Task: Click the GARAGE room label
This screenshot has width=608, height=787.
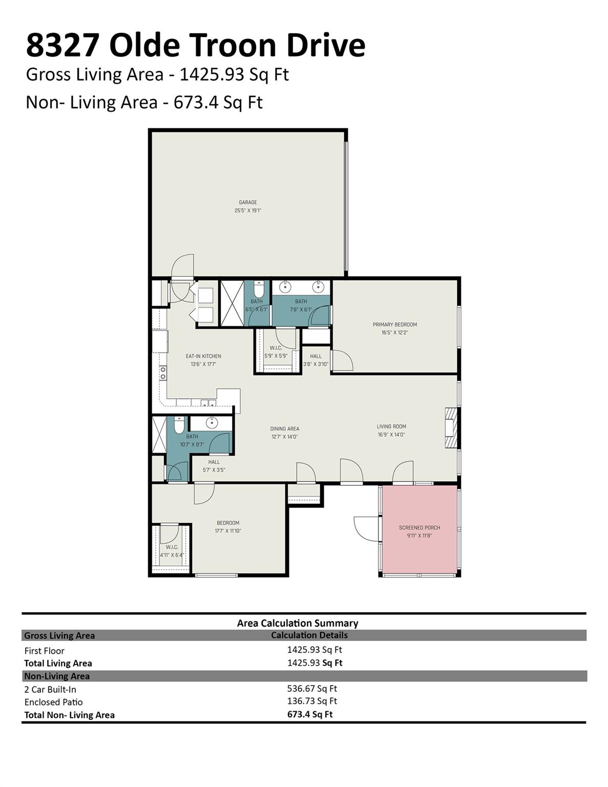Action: pyautogui.click(x=248, y=202)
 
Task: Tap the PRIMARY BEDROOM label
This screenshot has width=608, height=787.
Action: pyautogui.click(x=394, y=324)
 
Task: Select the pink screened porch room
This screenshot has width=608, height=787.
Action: pyautogui.click(x=420, y=531)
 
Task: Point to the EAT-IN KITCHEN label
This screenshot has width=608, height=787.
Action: pyautogui.click(x=203, y=356)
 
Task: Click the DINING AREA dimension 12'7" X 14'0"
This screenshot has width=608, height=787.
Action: pyautogui.click(x=285, y=437)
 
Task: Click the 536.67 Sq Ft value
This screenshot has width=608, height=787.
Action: pyautogui.click(x=312, y=689)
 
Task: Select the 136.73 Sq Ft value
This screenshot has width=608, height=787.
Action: pyautogui.click(x=312, y=701)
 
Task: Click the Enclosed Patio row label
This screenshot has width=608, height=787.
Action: pyautogui.click(x=53, y=702)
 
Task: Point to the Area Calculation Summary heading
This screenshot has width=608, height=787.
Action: pyautogui.click(x=297, y=623)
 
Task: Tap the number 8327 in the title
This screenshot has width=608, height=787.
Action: pyautogui.click(x=62, y=45)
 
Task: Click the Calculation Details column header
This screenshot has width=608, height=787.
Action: pyautogui.click(x=309, y=635)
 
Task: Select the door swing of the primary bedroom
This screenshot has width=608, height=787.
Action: pyautogui.click(x=342, y=360)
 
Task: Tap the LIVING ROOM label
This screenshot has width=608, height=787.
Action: pyautogui.click(x=391, y=426)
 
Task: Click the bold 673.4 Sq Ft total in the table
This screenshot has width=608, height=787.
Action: pyautogui.click(x=310, y=714)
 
